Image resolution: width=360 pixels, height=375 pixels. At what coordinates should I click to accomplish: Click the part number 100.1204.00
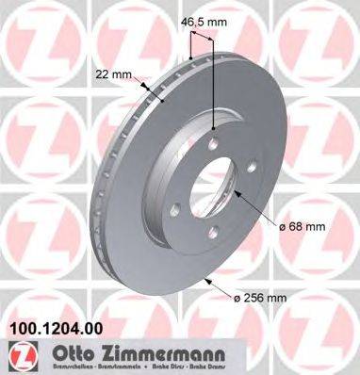coord(54,330)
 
